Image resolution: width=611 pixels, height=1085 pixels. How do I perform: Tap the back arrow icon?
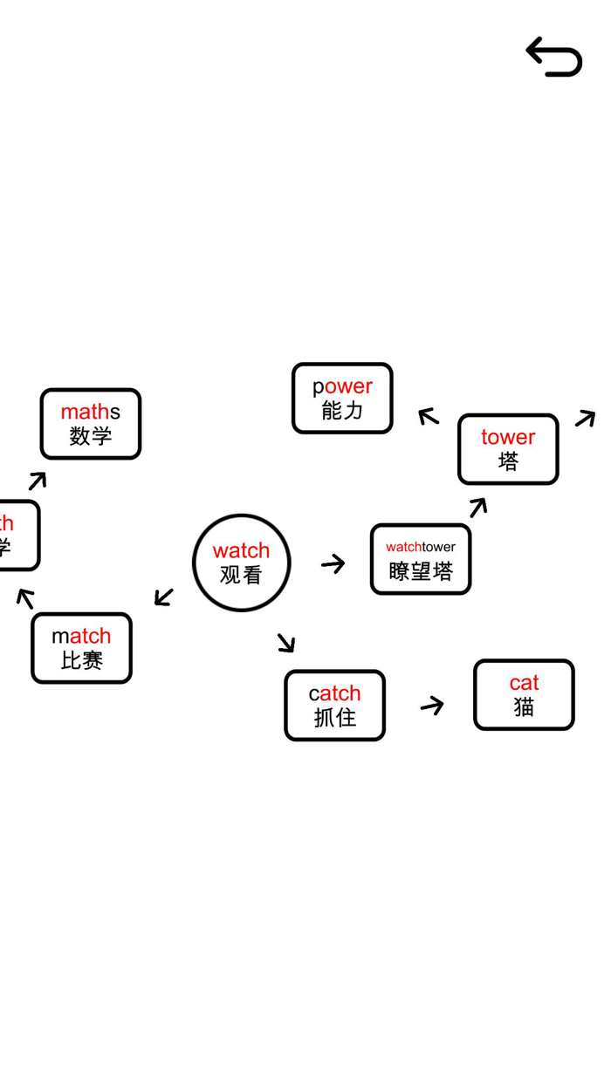[554, 58]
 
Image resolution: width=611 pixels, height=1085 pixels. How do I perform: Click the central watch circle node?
[241, 563]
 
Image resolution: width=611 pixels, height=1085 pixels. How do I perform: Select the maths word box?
[91, 424]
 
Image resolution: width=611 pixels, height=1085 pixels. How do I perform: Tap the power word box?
[342, 399]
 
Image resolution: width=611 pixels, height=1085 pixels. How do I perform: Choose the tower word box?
[508, 449]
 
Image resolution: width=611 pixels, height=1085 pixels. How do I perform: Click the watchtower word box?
[421, 559]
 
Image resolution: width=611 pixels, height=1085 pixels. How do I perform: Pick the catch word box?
[334, 706]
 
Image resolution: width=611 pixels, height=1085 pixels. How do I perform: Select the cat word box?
[524, 694]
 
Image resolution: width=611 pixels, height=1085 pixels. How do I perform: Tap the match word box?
[81, 648]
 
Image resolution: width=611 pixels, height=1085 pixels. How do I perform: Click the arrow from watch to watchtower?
[333, 564]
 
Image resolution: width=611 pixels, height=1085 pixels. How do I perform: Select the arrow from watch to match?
[164, 597]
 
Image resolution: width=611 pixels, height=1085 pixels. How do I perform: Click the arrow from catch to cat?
[432, 706]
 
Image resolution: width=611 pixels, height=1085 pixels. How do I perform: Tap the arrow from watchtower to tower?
[478, 507]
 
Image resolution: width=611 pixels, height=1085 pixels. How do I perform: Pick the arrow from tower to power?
[428, 416]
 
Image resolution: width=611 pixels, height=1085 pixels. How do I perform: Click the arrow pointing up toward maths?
[38, 481]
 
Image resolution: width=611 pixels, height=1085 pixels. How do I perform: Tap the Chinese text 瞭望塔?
[421, 571]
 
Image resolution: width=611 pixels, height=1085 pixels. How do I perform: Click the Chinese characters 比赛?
[82, 661]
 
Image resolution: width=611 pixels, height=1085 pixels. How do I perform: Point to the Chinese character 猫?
[524, 707]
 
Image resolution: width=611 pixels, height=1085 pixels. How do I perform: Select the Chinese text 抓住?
[335, 718]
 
